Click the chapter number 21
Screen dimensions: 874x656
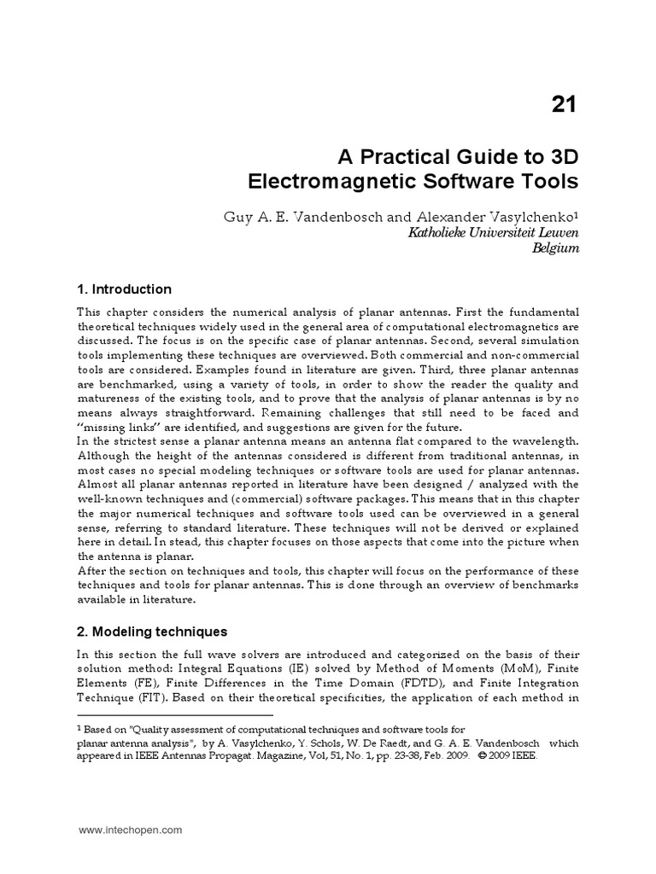click(563, 105)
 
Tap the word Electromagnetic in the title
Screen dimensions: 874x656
click(332, 182)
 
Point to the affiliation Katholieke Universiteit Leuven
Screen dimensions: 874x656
click(483, 234)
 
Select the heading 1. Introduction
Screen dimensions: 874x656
click(124, 289)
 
